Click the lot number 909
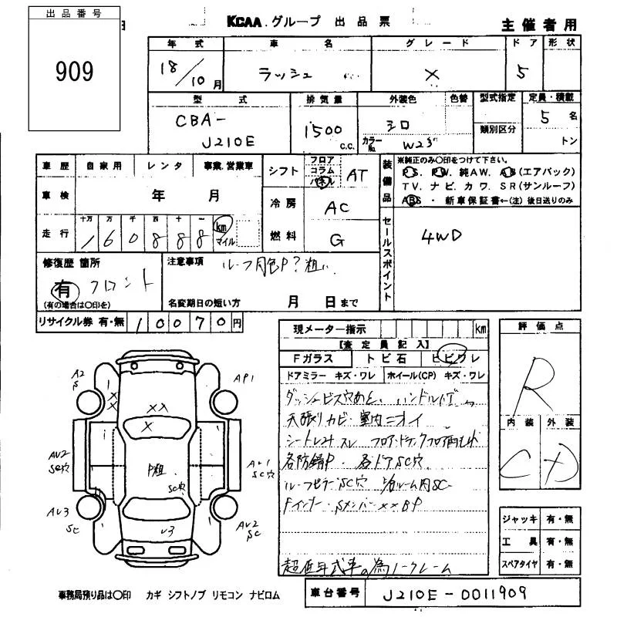click(x=74, y=72)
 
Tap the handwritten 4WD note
click(x=440, y=236)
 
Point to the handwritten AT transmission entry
click(x=356, y=177)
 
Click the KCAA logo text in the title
click(x=245, y=23)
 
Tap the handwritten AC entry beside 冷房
click(x=336, y=207)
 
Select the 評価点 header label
click(x=538, y=327)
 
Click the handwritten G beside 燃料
click(x=336, y=240)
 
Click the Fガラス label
click(x=312, y=359)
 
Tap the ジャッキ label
click(x=518, y=519)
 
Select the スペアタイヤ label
click(x=518, y=563)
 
